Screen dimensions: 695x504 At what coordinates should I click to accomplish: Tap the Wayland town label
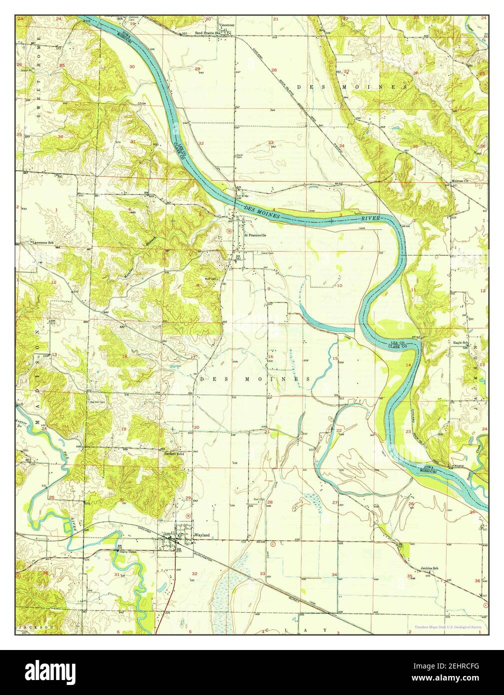click(x=201, y=535)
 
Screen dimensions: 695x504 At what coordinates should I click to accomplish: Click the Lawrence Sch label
click(x=43, y=242)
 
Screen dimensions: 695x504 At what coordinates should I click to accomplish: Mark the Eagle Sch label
click(x=460, y=342)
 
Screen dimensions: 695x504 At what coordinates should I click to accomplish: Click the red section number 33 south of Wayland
click(x=262, y=573)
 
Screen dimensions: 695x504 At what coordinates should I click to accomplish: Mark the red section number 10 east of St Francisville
click(x=340, y=285)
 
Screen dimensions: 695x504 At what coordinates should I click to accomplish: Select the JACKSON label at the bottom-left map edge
click(x=36, y=626)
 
